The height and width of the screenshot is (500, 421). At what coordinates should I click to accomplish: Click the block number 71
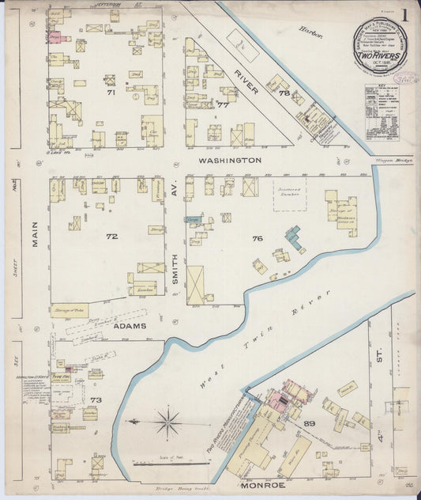[x=111, y=93]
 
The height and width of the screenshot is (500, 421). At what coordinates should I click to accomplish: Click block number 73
[x=96, y=400]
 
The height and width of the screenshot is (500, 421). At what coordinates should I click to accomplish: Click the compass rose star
[x=167, y=421]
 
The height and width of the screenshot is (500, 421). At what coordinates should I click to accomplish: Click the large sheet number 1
[x=404, y=14]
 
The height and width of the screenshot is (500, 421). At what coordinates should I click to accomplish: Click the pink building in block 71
[x=55, y=36]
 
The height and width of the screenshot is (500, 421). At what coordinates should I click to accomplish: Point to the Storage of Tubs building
[x=69, y=311]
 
